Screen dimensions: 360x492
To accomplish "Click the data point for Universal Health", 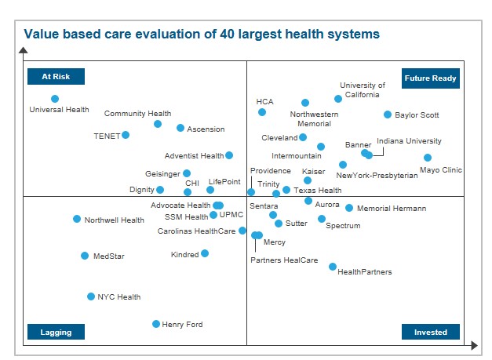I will (55, 99).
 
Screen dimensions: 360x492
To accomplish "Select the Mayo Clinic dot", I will (428, 158).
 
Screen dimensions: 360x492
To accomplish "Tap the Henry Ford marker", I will (156, 324).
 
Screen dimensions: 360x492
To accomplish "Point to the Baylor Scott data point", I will (388, 115).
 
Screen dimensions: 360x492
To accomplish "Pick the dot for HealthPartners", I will (333, 267).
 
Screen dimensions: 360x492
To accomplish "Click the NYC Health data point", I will (91, 296).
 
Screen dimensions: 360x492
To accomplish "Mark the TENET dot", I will (126, 135).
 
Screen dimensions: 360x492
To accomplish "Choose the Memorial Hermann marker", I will (349, 208).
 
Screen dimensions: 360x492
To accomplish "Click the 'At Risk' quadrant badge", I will (56, 77).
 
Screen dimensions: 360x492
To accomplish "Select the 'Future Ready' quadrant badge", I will (430, 78).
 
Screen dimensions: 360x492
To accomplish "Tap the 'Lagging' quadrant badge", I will (56, 332).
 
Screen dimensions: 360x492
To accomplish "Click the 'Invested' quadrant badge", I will (430, 332).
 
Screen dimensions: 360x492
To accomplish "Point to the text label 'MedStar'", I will (109, 256).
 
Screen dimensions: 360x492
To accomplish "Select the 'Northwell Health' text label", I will (115, 220).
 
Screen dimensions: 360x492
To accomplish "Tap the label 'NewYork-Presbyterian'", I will (377, 176).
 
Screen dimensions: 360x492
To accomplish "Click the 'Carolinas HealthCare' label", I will (196, 231).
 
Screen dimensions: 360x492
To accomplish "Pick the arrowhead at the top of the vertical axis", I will (24, 51).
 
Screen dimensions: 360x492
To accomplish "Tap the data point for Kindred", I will (205, 253).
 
